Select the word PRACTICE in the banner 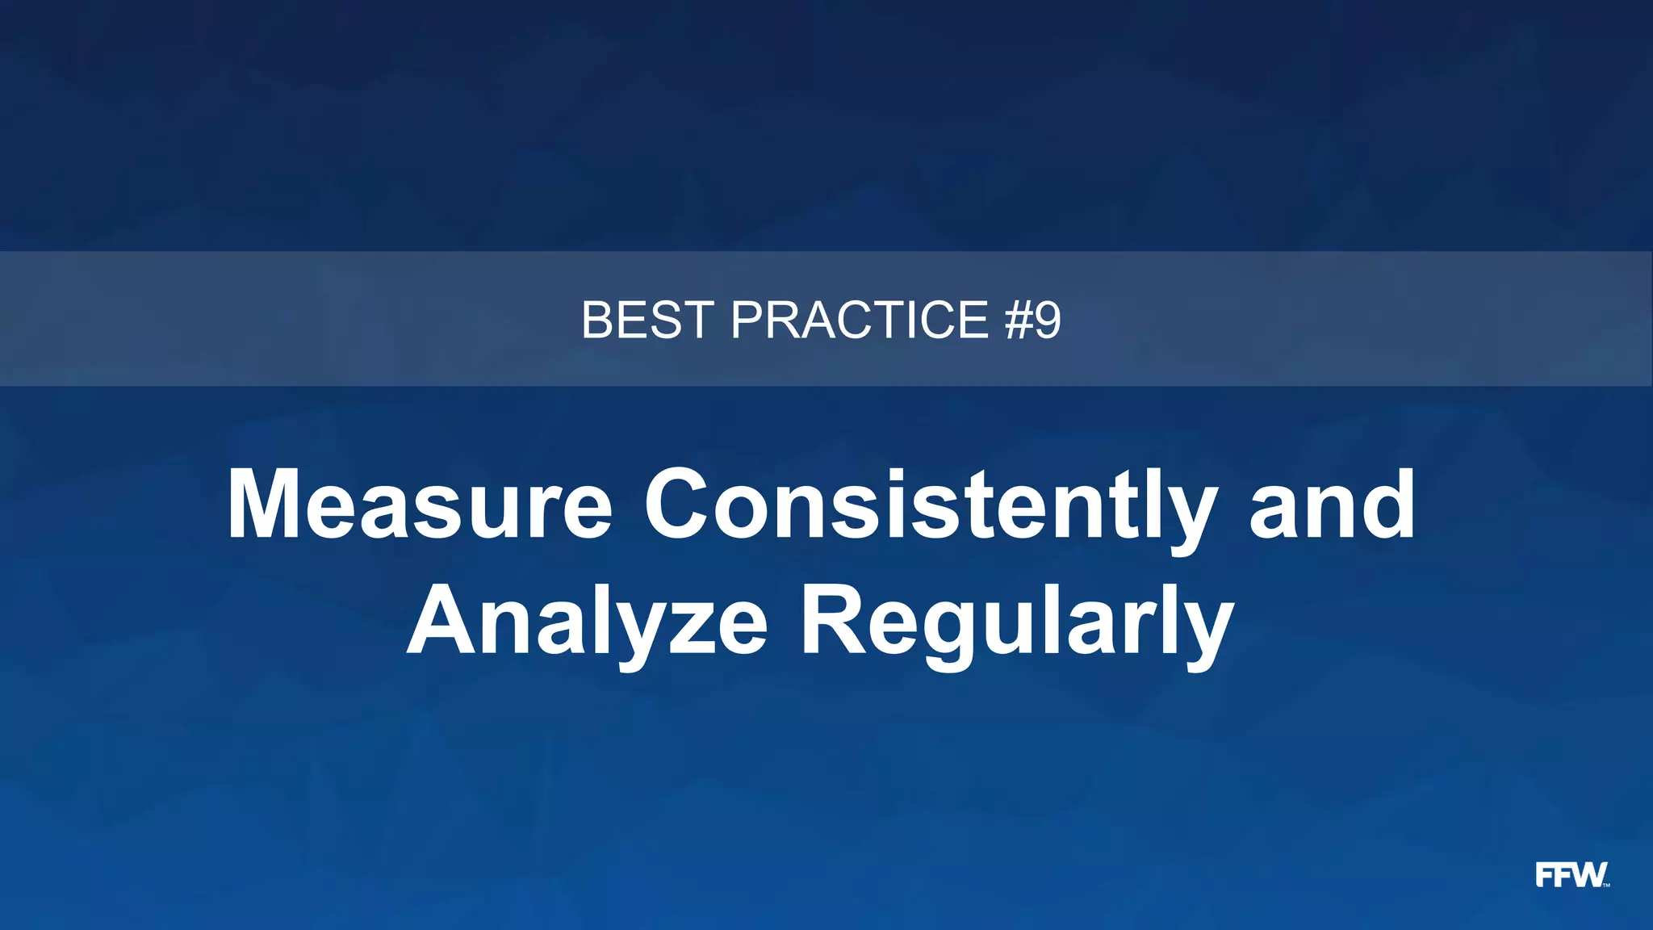click(860, 320)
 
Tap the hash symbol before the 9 click(1018, 320)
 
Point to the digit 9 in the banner click(1047, 320)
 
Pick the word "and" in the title click(1333, 505)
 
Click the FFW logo click(1571, 874)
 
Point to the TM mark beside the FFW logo click(1606, 886)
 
